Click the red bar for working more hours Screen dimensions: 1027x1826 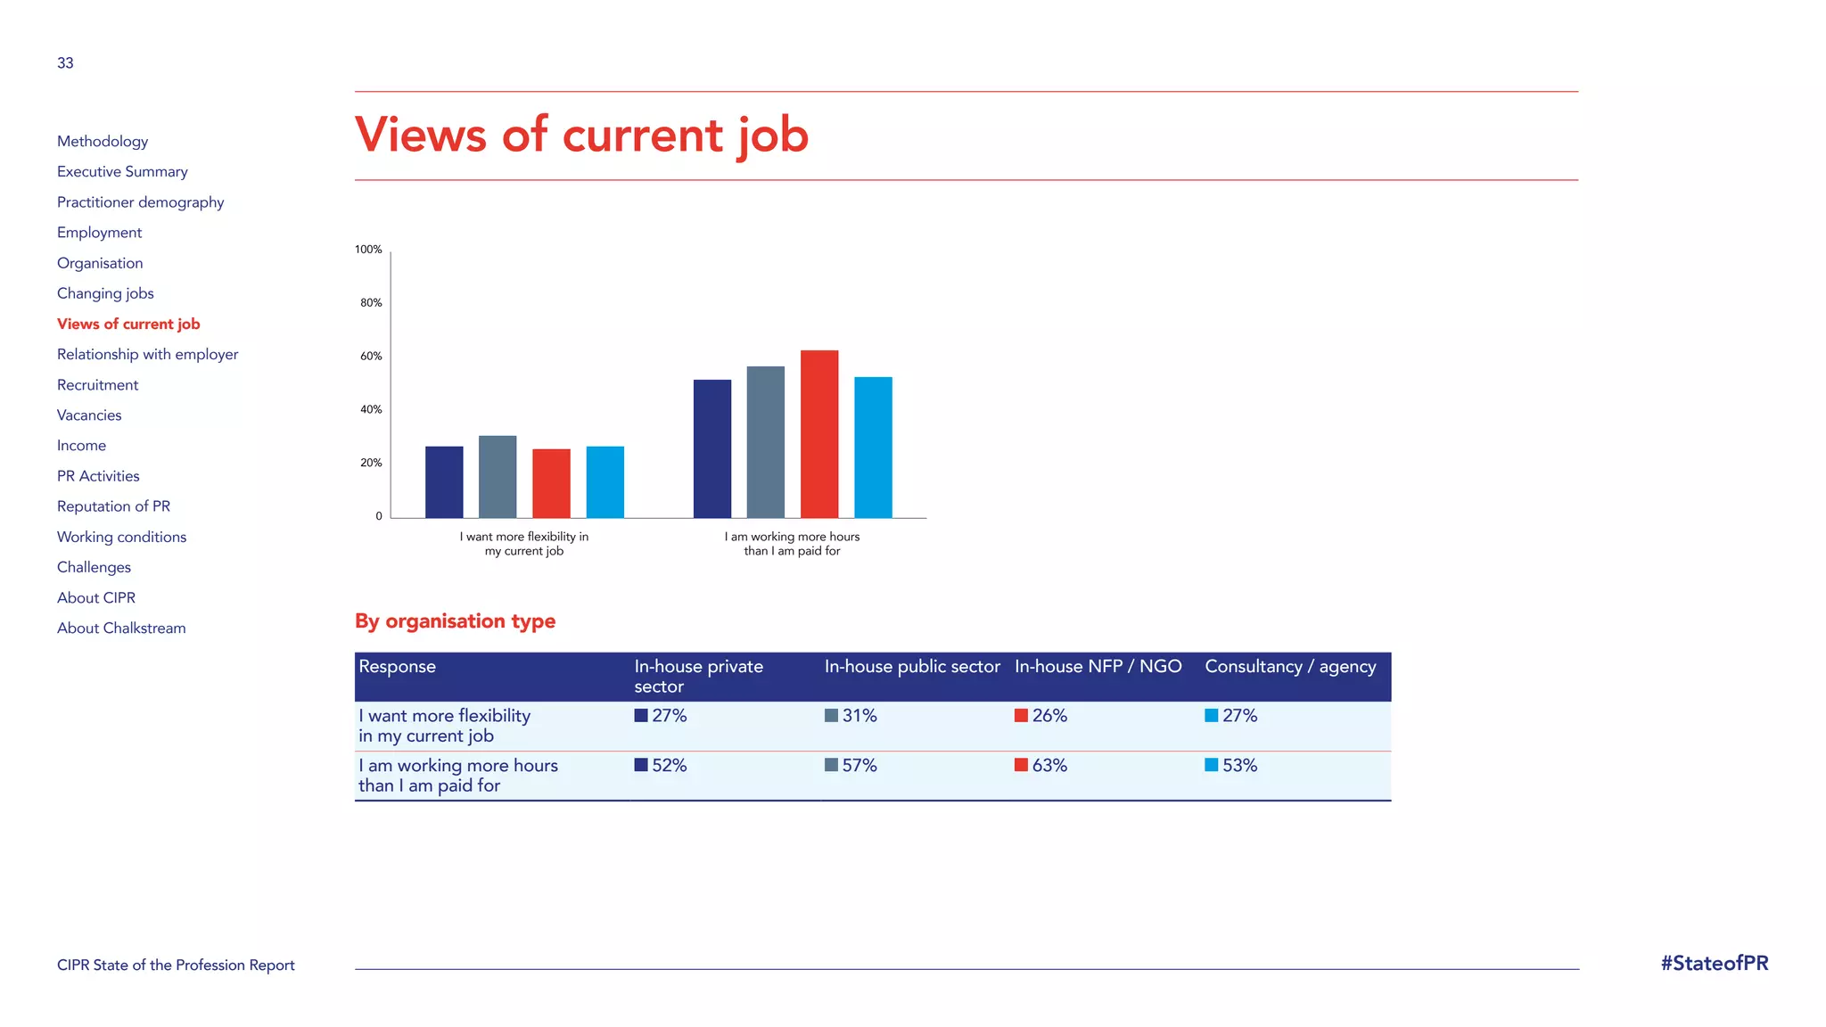coord(818,434)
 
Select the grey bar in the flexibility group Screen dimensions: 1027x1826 coord(498,477)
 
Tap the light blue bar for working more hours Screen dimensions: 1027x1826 coord(873,448)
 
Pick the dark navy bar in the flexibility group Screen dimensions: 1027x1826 coord(444,481)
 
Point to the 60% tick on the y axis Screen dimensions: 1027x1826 coord(371,357)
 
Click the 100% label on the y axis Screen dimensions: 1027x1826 coord(368,250)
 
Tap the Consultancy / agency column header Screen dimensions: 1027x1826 coord(1289,667)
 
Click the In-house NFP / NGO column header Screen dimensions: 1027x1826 coord(1098,667)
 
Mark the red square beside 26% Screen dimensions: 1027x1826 coord(1021,716)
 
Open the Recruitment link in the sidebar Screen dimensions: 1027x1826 coord(97,385)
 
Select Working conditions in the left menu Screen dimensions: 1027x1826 coord(121,537)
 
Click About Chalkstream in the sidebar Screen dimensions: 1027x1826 coord(121,629)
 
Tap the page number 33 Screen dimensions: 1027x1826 coord(65,63)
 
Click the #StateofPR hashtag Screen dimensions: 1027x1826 coord(1714,964)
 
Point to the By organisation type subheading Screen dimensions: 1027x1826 coord(455,621)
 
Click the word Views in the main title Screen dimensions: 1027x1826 coord(420,136)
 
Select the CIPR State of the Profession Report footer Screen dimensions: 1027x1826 coord(176,965)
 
